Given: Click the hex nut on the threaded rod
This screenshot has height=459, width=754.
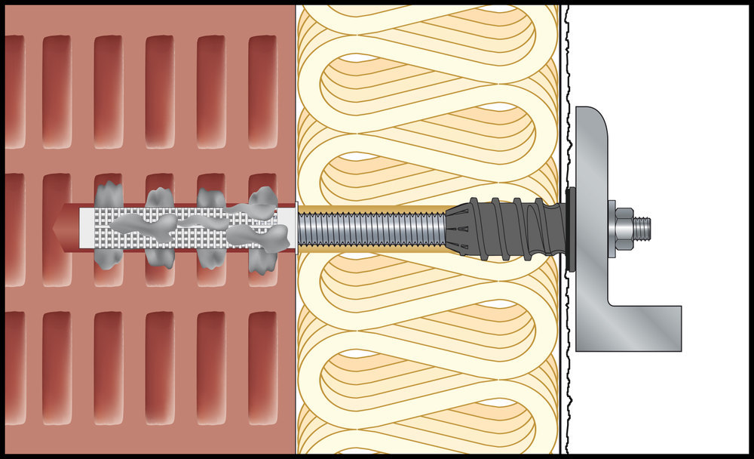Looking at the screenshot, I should pyautogui.click(x=624, y=226).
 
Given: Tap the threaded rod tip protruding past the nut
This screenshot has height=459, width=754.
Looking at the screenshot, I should pyautogui.click(x=642, y=226).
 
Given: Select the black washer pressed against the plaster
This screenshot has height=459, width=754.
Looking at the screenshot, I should pyautogui.click(x=569, y=226).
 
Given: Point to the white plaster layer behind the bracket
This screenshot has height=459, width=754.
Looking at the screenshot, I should pyautogui.click(x=656, y=75).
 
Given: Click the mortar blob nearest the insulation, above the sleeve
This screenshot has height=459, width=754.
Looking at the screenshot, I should pyautogui.click(x=262, y=199).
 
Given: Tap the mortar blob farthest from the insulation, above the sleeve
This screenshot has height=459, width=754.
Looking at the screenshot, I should pyautogui.click(x=109, y=193).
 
